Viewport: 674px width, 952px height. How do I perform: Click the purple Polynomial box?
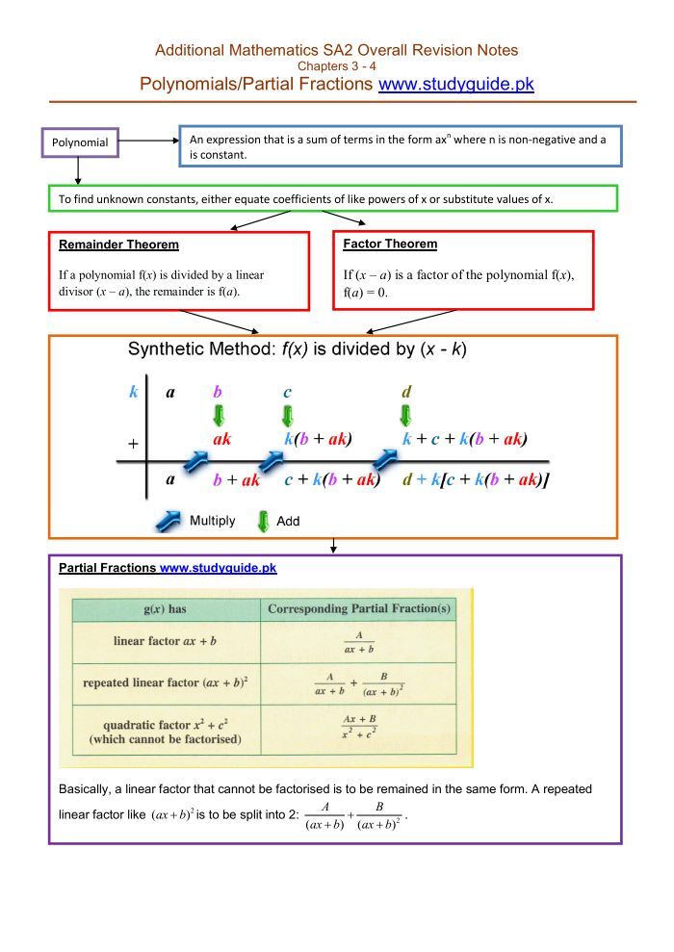(x=80, y=143)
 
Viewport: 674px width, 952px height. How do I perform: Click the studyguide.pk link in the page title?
(x=456, y=85)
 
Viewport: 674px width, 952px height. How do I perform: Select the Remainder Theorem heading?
(x=118, y=245)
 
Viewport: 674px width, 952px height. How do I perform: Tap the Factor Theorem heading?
(x=390, y=244)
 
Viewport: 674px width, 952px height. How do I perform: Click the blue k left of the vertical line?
(x=133, y=392)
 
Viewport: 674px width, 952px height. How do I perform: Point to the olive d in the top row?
(x=406, y=392)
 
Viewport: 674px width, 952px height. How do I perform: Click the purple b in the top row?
(x=218, y=392)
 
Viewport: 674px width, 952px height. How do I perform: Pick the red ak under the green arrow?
(x=221, y=439)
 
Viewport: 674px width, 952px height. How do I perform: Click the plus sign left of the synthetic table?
(x=133, y=444)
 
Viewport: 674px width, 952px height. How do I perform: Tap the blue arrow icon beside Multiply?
(x=168, y=521)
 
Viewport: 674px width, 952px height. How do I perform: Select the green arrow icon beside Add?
(x=262, y=521)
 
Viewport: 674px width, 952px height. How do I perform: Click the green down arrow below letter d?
(x=406, y=416)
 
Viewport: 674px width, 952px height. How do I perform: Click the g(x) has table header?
(x=165, y=609)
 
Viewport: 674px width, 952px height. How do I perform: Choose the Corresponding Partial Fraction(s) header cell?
(x=358, y=609)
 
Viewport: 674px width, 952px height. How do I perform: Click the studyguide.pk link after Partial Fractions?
(x=218, y=569)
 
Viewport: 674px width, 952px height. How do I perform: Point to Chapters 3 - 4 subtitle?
(x=337, y=65)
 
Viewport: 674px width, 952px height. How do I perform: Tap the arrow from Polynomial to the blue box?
(x=148, y=141)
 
